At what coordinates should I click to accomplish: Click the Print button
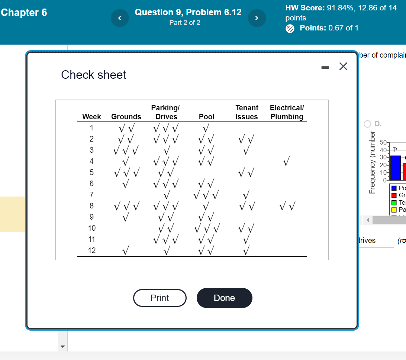pyautogui.click(x=159, y=298)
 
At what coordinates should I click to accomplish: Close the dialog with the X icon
pyautogui.click(x=343, y=67)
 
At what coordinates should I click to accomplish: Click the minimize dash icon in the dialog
pyautogui.click(x=325, y=68)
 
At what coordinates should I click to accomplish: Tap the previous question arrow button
pyautogui.click(x=119, y=18)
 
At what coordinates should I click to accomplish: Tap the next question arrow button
pyautogui.click(x=257, y=18)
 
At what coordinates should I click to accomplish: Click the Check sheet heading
pyautogui.click(x=94, y=75)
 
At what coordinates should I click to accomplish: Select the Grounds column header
pyautogui.click(x=126, y=117)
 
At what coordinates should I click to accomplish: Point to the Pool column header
pyautogui.click(x=207, y=117)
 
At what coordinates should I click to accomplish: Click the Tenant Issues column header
pyautogui.click(x=246, y=112)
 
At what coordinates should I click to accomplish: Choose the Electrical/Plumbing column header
pyautogui.click(x=287, y=112)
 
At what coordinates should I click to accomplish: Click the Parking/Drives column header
pyautogui.click(x=166, y=112)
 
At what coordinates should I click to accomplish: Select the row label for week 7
pyautogui.click(x=91, y=195)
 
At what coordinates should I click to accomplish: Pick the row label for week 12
pyautogui.click(x=91, y=250)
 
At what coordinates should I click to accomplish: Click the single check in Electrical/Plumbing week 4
pyautogui.click(x=286, y=162)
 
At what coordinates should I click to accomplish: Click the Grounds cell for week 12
pyautogui.click(x=126, y=251)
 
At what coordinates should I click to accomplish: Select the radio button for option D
pyautogui.click(x=368, y=124)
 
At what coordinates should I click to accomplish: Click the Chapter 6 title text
pyautogui.click(x=24, y=13)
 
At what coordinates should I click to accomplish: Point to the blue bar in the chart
pyautogui.click(x=396, y=168)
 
